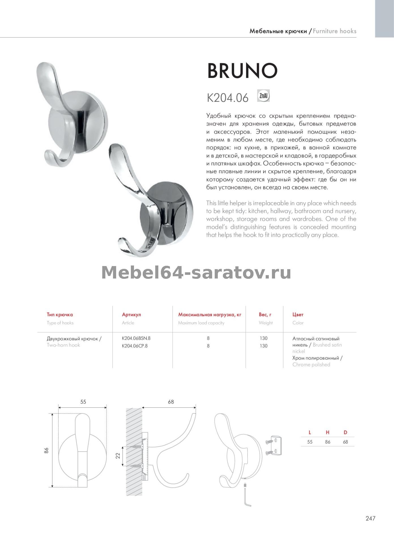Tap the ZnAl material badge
263,96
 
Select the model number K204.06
228,98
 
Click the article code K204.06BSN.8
136,338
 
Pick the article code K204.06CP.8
135,346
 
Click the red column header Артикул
131,314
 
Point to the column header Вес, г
265,314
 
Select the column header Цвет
298,314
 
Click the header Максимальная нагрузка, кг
210,314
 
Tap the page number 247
370,518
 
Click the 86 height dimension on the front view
46,450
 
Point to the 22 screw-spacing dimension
118,456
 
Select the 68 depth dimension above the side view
171,402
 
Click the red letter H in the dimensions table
327,432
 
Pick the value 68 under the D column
345,442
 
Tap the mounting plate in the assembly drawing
276,444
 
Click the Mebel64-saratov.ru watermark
196,273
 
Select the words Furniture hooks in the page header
335,31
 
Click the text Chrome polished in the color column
311,365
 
